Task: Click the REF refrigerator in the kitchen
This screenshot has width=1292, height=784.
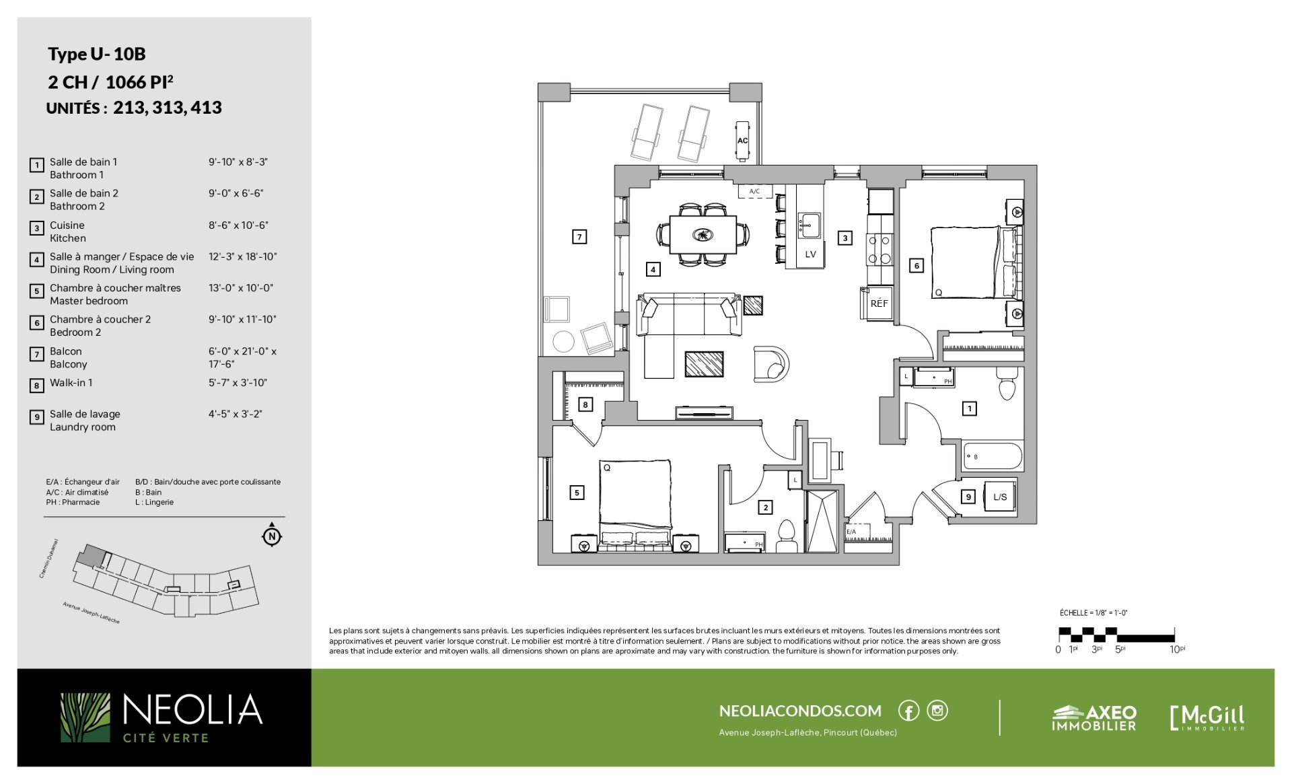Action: point(877,304)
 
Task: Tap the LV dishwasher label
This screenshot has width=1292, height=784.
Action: point(810,254)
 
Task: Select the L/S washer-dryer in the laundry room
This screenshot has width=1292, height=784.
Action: point(1000,497)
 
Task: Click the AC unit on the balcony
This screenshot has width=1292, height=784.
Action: point(742,141)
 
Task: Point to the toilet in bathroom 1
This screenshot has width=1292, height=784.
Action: point(1006,384)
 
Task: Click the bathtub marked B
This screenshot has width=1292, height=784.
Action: point(993,457)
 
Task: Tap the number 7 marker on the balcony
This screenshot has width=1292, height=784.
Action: point(579,237)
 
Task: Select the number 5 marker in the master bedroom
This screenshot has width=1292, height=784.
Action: point(577,493)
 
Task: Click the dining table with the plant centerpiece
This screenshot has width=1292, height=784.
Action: point(703,235)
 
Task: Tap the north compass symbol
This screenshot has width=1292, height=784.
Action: point(272,536)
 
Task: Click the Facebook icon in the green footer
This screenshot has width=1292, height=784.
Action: point(908,711)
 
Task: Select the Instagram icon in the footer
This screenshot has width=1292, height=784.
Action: point(937,711)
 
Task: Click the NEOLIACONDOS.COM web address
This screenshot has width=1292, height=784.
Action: point(800,711)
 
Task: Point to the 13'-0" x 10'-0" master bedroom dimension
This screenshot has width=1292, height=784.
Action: point(241,288)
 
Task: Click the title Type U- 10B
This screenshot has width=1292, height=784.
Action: point(97,54)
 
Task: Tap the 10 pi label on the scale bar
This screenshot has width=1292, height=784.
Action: point(1177,649)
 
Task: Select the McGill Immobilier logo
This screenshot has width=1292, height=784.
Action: point(1207,718)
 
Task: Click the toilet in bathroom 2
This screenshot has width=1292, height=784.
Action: point(786,536)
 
